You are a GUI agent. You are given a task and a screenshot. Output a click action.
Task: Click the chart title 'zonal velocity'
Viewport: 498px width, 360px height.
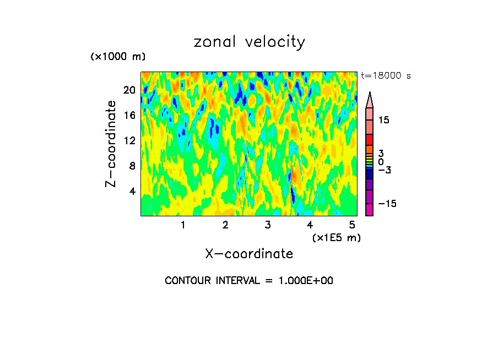coord(249,42)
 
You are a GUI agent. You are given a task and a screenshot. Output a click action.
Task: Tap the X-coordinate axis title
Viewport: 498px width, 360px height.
coord(249,254)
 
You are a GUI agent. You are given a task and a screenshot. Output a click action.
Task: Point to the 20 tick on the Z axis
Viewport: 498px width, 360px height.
coord(129,90)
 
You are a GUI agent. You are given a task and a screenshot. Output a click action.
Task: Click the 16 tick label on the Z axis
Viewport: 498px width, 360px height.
coord(129,115)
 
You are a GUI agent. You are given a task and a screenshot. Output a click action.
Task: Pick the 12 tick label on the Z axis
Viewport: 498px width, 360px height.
coord(129,140)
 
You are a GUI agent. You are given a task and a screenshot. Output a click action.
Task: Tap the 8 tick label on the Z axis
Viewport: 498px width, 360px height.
coord(132,166)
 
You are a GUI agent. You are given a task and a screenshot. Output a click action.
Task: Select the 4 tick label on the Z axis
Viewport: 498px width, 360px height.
coord(132,191)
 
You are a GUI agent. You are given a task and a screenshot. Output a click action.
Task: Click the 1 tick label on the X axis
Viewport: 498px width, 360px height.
coord(183,225)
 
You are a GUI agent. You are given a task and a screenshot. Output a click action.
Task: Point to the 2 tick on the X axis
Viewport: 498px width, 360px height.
coord(225,225)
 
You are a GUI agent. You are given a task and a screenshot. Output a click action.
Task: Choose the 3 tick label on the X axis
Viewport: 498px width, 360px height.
coord(268,225)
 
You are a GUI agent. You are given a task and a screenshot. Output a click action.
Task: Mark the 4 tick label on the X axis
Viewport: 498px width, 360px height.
coord(310,225)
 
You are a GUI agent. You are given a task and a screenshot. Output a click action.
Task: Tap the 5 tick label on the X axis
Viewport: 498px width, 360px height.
coord(352,225)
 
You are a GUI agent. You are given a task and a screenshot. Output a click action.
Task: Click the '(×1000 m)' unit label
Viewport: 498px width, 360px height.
coord(118,57)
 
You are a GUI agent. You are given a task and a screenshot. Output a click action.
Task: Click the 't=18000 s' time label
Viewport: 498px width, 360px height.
coord(386,76)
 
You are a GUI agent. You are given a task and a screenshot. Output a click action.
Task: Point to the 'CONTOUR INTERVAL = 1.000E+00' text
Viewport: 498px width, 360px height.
coord(249,281)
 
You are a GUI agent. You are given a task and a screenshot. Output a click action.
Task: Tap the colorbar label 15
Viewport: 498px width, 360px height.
coord(383,120)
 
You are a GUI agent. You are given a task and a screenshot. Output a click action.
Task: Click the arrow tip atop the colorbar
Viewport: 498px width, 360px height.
coord(370,94)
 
